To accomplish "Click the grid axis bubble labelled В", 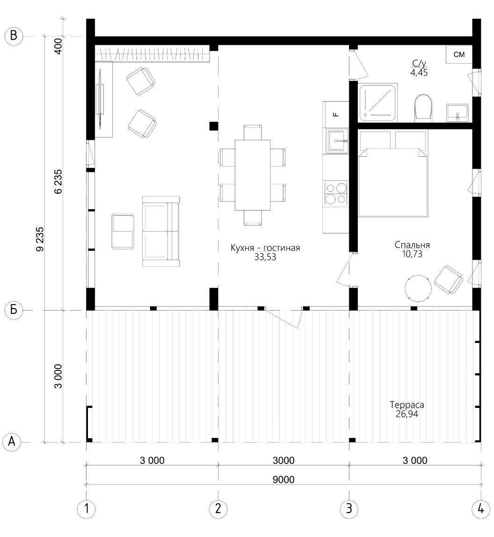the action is click(x=14, y=36).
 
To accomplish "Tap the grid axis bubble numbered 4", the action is click(x=480, y=509).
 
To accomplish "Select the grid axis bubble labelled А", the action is click(x=12, y=442).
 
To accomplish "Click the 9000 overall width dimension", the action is click(x=283, y=479).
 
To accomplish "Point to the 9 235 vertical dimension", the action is click(x=40, y=239).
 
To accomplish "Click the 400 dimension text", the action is click(x=58, y=46).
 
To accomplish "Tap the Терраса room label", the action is click(x=407, y=405).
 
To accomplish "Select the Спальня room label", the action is click(x=412, y=245).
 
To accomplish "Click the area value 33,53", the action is click(x=265, y=257).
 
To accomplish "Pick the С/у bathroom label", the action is click(x=419, y=63).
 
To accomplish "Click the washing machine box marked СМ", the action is click(x=459, y=54).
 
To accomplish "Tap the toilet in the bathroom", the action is click(x=423, y=107).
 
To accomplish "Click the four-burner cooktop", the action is click(x=335, y=194).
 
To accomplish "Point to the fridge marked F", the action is click(x=336, y=115).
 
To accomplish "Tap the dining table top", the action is click(x=253, y=175).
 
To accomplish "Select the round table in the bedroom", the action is click(x=418, y=288).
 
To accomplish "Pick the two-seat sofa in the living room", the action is click(x=161, y=231).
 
